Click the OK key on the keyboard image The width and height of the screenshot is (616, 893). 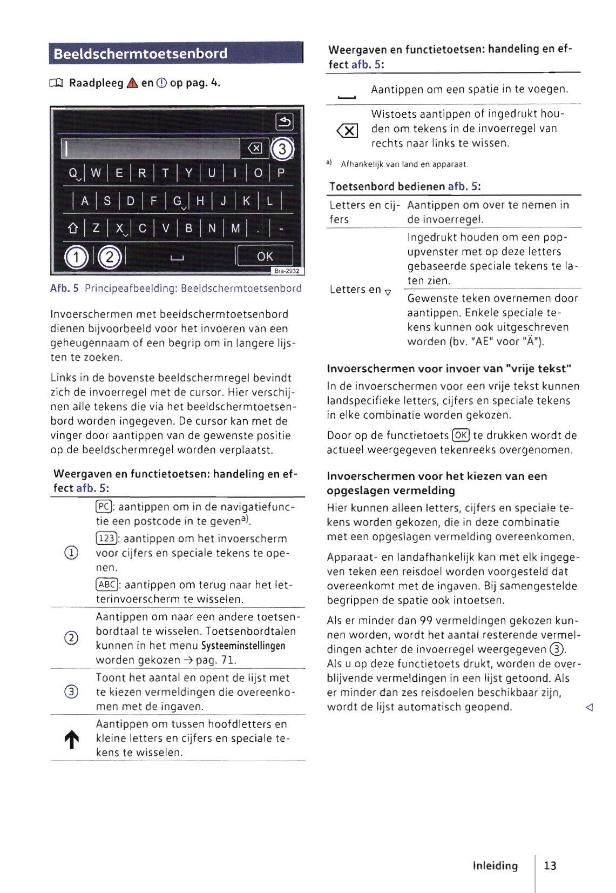click(265, 257)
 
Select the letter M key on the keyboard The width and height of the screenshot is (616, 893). click(235, 229)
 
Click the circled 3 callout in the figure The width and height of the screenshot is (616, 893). click(282, 149)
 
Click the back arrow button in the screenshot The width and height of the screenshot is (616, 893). click(284, 122)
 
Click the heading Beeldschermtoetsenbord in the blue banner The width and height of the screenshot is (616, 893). click(141, 53)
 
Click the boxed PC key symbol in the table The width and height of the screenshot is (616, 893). click(103, 507)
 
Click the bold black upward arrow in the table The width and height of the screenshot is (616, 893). click(72, 740)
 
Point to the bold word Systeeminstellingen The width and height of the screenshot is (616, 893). click(243, 646)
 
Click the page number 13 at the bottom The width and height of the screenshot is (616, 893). click(550, 865)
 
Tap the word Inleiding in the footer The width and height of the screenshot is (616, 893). click(495, 865)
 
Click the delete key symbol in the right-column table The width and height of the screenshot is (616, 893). click(347, 130)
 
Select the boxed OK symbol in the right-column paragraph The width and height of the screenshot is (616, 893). click(461, 435)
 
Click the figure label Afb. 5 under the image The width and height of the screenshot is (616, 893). click(64, 288)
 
